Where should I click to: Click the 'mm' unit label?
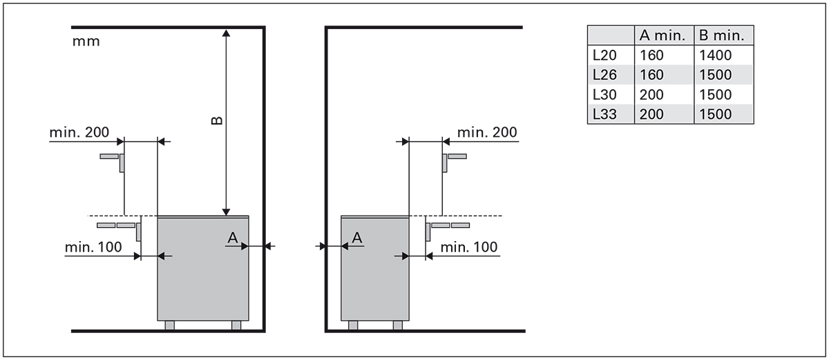point(86,41)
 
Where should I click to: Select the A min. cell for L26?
point(652,75)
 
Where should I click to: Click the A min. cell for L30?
point(652,95)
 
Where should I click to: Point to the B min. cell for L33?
point(715,114)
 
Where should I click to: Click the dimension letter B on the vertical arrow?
point(216,121)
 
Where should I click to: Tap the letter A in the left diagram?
point(234,238)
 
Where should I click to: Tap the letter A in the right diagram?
point(357,238)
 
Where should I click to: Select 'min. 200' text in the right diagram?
point(487,132)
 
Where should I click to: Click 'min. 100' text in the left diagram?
point(93,247)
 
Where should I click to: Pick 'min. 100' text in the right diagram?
point(468,247)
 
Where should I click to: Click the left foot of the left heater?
point(170,325)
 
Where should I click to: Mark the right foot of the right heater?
point(397,325)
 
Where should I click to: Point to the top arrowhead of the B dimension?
point(226,33)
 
